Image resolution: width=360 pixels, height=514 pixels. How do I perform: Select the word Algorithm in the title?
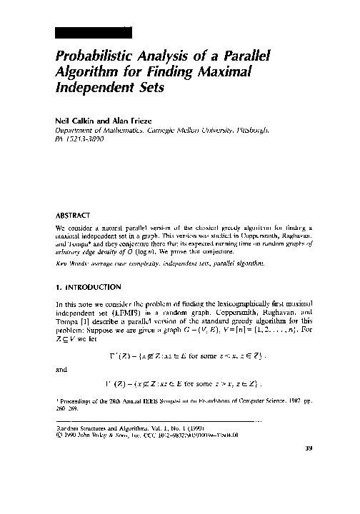(86, 74)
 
